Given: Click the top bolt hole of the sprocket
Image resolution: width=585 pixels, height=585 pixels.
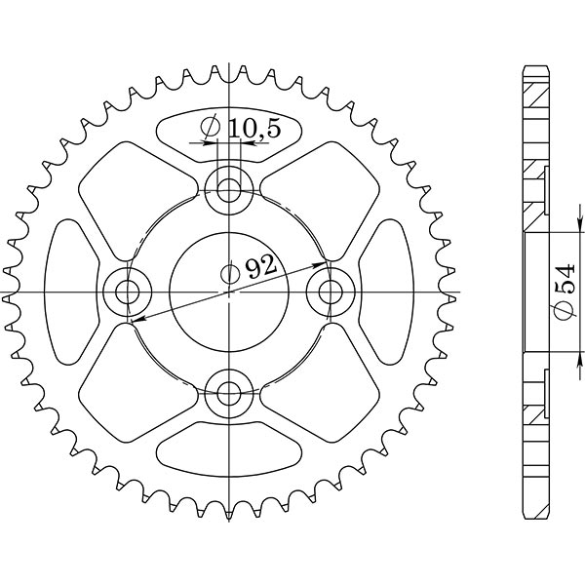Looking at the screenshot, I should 230,187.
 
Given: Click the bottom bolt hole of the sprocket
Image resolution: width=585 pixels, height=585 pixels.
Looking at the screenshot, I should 230,394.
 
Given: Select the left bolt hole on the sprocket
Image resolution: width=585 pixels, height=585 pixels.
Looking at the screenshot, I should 127,291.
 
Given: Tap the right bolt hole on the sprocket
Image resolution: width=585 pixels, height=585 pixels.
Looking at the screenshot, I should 333,291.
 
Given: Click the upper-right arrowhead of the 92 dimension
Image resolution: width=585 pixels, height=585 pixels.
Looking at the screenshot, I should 321,262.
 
